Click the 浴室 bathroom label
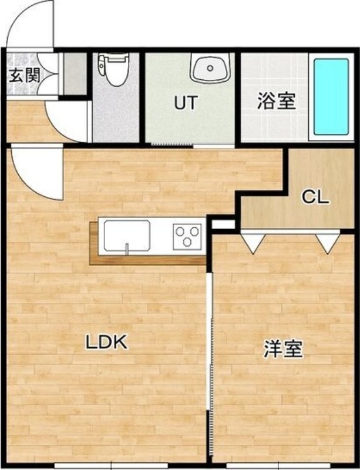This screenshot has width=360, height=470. (275, 101)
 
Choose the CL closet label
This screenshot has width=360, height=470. (315, 197)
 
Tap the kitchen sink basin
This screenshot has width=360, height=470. (127, 237)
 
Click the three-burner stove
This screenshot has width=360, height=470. (187, 238)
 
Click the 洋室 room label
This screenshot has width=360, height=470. (282, 349)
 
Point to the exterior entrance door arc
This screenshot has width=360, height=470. (32, 23)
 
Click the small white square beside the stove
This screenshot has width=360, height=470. (223, 224)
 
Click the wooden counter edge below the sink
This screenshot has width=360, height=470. (147, 260)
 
